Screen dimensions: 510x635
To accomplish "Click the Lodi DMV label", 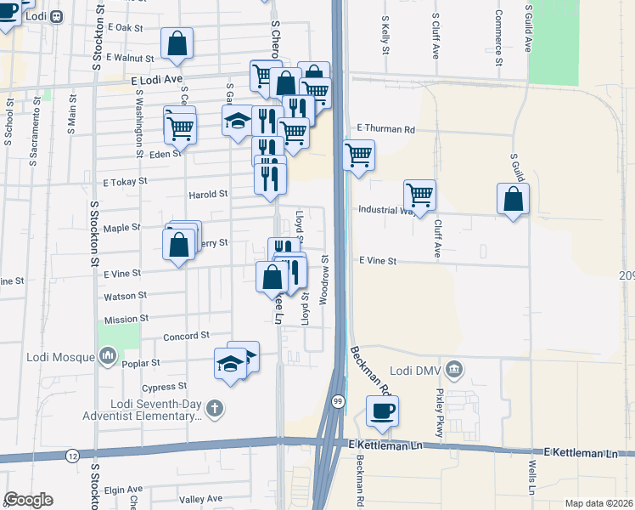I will point(412,370).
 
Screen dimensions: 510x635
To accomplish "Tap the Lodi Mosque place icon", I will point(108,358).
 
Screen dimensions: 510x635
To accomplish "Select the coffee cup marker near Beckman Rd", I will point(382,411).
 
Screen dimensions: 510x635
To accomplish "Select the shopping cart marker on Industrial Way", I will point(419,195).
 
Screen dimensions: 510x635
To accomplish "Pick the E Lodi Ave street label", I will point(158,78).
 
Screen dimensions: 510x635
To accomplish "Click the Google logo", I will point(28,500).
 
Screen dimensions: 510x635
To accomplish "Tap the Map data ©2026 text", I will point(598,503).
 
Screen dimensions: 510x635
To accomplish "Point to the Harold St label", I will point(209,194).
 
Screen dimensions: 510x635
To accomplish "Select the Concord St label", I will point(186,337).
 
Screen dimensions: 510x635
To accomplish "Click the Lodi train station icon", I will point(57,16).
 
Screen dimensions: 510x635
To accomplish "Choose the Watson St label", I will point(125,296).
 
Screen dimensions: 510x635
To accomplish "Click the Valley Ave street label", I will point(201,499).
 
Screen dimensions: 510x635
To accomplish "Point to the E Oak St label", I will point(126,28).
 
